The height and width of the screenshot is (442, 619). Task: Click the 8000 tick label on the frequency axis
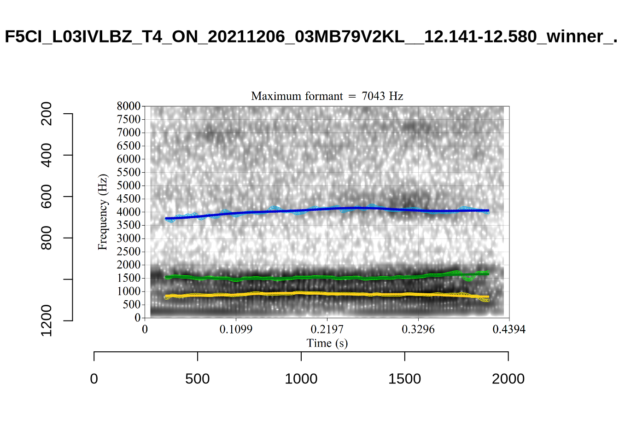(x=128, y=106)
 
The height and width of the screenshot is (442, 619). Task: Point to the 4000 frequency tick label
(x=128, y=212)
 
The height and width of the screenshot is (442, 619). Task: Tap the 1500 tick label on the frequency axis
(x=128, y=278)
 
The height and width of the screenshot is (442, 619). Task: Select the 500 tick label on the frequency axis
(x=131, y=305)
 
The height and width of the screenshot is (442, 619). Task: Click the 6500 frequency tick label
(x=128, y=146)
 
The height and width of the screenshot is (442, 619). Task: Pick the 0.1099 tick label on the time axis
(x=236, y=330)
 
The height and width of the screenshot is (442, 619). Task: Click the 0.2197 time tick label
(x=327, y=330)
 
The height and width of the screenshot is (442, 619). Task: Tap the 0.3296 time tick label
(x=418, y=330)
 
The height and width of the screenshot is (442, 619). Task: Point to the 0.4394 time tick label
(x=509, y=330)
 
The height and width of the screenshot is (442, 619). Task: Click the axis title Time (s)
(x=327, y=343)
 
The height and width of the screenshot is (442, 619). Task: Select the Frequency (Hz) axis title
(x=102, y=212)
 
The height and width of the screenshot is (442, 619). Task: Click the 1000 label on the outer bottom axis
(x=301, y=379)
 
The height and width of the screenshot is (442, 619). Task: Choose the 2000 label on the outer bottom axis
(x=508, y=379)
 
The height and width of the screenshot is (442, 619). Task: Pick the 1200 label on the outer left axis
(x=47, y=320)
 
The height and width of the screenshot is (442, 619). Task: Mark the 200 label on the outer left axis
(x=47, y=113)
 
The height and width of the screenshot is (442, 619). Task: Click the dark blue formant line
(x=322, y=209)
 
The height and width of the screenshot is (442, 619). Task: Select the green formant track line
(x=322, y=277)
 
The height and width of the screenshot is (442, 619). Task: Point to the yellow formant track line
(x=322, y=293)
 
